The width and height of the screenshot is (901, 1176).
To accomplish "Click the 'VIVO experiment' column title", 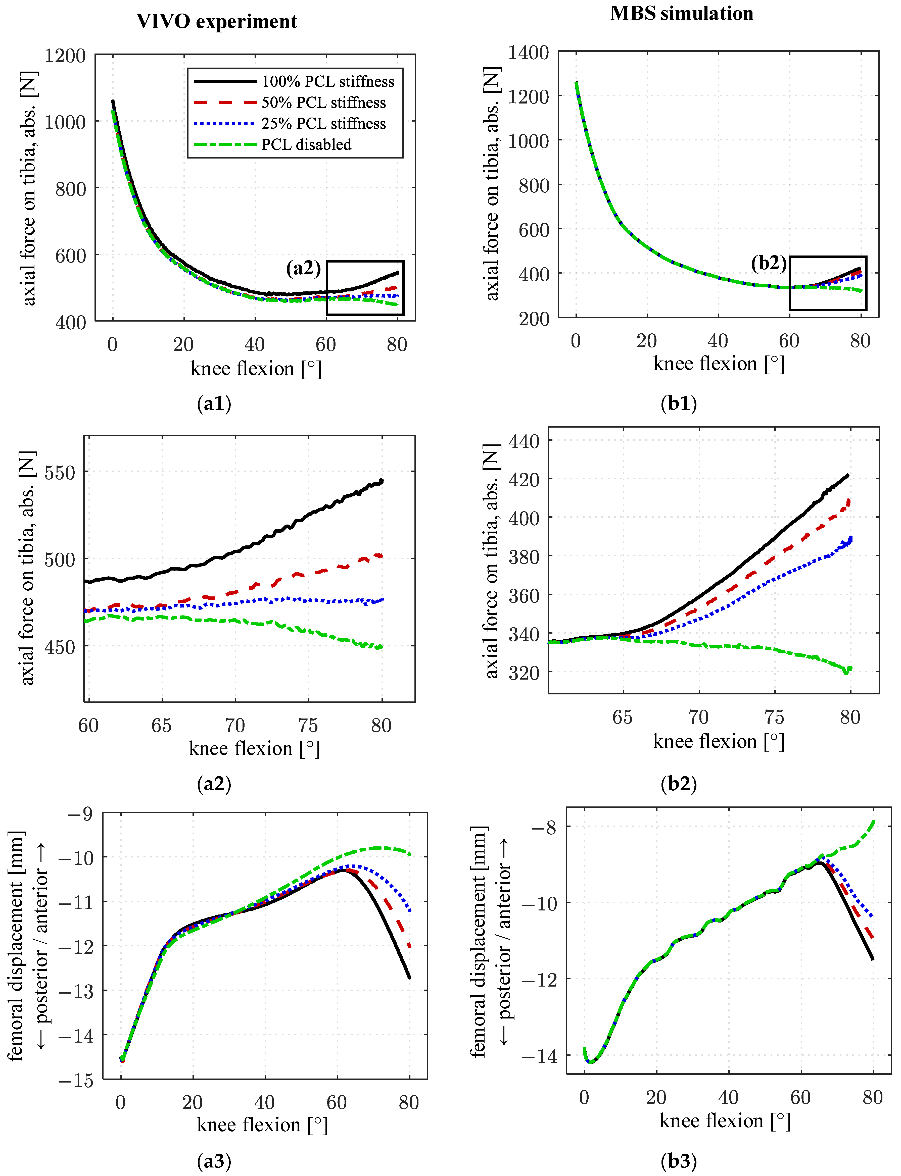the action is pos(217,21).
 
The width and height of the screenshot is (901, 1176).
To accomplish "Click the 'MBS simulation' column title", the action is pos(682,13).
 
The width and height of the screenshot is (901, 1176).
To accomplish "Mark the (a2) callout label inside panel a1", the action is pos(304,268).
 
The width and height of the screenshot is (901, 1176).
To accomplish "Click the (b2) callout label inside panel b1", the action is pos(769,263).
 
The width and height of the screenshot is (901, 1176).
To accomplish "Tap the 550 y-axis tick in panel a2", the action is pos(60,472).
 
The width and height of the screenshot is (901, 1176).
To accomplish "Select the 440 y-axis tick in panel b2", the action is pos(524,441).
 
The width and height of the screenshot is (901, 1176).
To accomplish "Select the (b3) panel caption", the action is pos(679,1161).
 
